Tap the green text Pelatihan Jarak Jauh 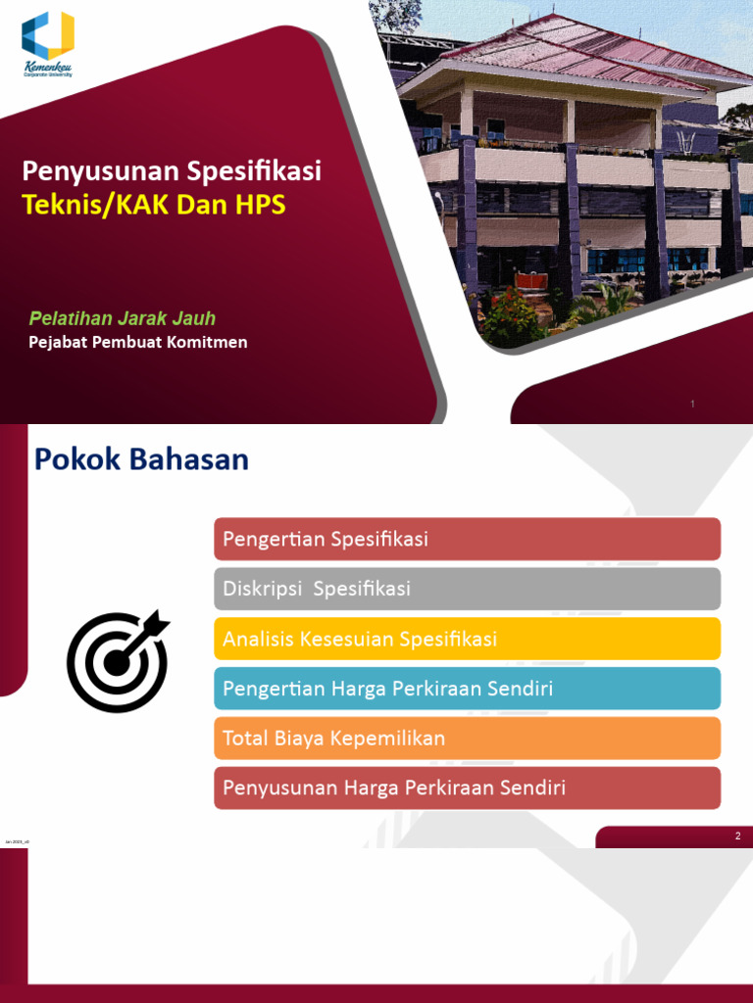(x=123, y=318)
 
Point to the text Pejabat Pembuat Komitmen (x=137, y=342)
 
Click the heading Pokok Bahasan (x=142, y=459)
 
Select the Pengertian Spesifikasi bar (x=467, y=539)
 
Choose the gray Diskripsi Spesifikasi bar (x=467, y=589)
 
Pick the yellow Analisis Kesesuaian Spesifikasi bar (x=467, y=639)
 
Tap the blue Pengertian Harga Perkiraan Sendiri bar (x=467, y=689)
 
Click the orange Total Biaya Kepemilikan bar (x=467, y=738)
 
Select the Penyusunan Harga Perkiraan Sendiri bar (x=467, y=788)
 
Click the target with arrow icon (x=118, y=661)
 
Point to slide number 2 (x=737, y=836)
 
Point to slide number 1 (x=693, y=404)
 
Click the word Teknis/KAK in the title (x=99, y=206)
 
